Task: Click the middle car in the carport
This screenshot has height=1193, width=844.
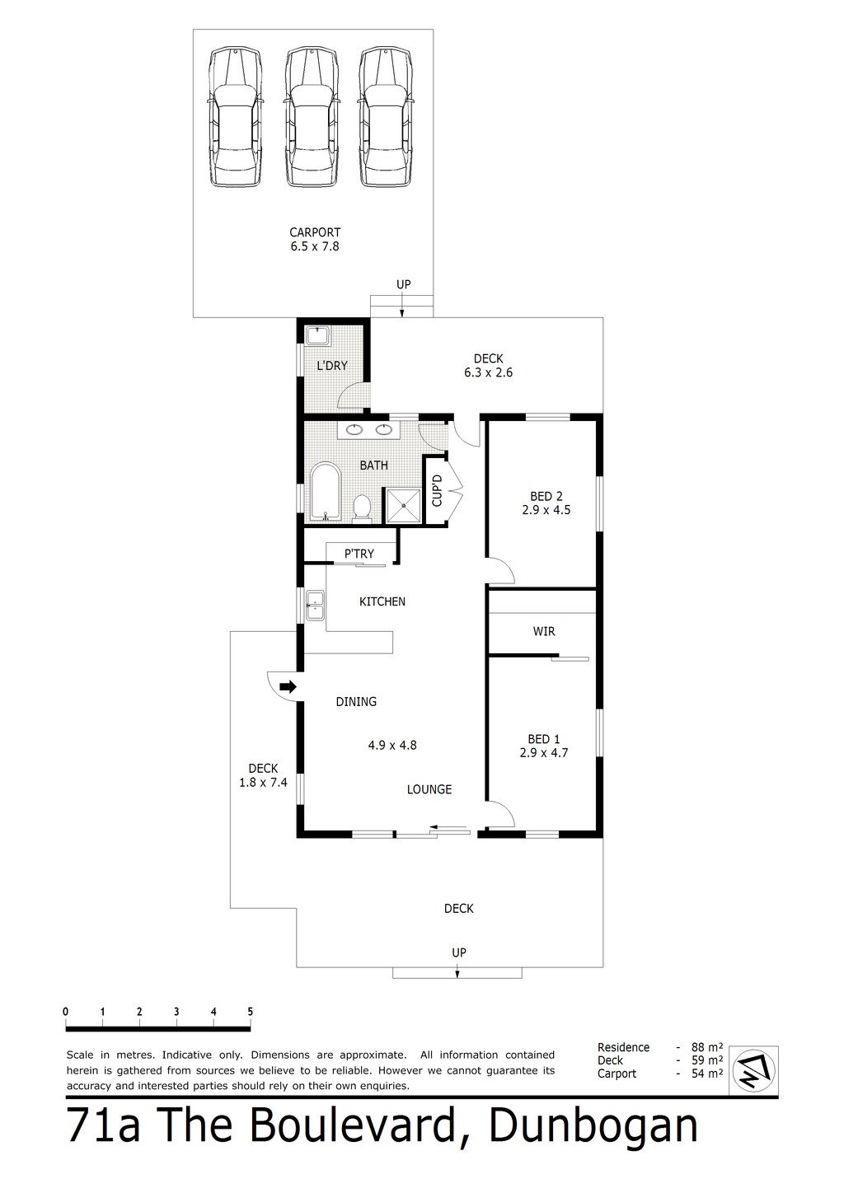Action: point(312,117)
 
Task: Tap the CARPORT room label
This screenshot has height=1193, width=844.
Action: point(315,232)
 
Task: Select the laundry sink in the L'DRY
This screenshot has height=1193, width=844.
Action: point(317,336)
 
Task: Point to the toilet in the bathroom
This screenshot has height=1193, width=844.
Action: point(363,508)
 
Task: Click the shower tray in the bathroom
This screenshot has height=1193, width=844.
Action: point(403,505)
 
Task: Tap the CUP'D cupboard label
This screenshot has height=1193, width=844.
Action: point(437,490)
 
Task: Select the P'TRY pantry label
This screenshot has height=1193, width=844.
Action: point(359,554)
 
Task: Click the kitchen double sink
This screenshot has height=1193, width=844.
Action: point(315,606)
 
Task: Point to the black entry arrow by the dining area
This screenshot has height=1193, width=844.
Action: point(288,686)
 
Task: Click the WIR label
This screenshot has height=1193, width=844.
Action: point(543,631)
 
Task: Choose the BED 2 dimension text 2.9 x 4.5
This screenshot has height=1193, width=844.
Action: point(546,510)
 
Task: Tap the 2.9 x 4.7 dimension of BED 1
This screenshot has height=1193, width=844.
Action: point(543,752)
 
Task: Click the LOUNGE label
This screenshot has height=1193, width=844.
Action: point(429,789)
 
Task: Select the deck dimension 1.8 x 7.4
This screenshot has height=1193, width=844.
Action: point(263,783)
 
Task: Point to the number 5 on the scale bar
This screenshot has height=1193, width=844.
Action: point(250,1012)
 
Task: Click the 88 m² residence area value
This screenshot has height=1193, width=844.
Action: point(707,1047)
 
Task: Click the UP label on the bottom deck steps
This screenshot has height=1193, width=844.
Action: point(459,952)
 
